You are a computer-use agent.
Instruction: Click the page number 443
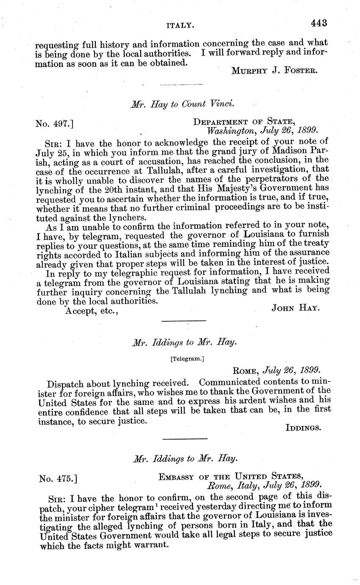pyautogui.click(x=319, y=23)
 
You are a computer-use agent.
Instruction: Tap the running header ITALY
pyautogui.click(x=181, y=26)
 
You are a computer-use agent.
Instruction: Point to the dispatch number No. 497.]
pyautogui.click(x=57, y=123)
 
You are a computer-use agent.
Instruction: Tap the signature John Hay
pyautogui.click(x=296, y=308)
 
